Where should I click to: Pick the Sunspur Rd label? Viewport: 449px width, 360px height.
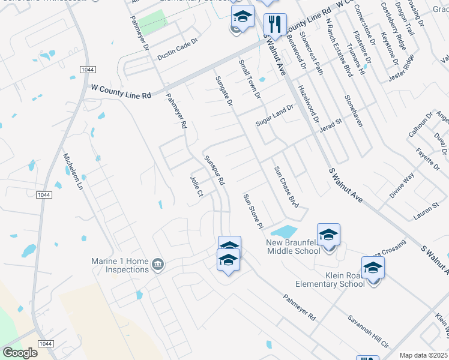click(x=214, y=170)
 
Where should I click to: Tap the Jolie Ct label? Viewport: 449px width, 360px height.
click(x=197, y=185)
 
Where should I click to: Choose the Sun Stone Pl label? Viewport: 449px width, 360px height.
click(x=253, y=211)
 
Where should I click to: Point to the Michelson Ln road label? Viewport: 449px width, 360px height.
click(x=73, y=170)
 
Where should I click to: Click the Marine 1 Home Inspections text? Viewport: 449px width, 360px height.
click(x=119, y=265)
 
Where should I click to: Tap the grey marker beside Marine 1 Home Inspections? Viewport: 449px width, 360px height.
click(x=158, y=264)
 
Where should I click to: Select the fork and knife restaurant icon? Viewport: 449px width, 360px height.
click(x=275, y=25)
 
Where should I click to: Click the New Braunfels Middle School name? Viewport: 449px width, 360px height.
click(x=294, y=247)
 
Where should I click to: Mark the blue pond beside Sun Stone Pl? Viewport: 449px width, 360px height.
click(x=283, y=231)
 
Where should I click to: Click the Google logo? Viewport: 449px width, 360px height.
click(x=20, y=352)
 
